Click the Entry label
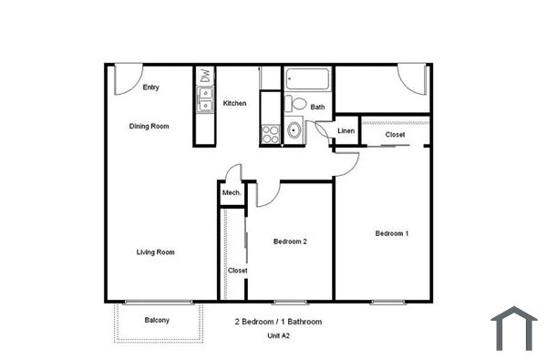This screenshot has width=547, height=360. click(151, 87)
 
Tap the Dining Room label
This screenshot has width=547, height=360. click(149, 126)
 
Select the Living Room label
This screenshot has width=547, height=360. click(156, 252)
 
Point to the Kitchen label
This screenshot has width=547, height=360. click(234, 103)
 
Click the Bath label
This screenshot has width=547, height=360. click(317, 108)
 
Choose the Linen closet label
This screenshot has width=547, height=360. click(346, 131)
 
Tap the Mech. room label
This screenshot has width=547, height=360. click(231, 193)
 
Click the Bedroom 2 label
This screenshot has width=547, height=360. click(290, 242)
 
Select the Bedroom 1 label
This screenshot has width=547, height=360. click(392, 233)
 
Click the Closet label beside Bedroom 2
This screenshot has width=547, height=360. click(237, 271)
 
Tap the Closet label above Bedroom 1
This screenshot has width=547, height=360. click(395, 135)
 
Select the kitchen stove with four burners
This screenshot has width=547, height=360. click(271, 135)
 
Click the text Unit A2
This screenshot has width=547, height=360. click(278, 335)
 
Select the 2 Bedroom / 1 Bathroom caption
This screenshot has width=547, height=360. click(278, 322)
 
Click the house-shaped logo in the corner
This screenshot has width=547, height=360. click(514, 328)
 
